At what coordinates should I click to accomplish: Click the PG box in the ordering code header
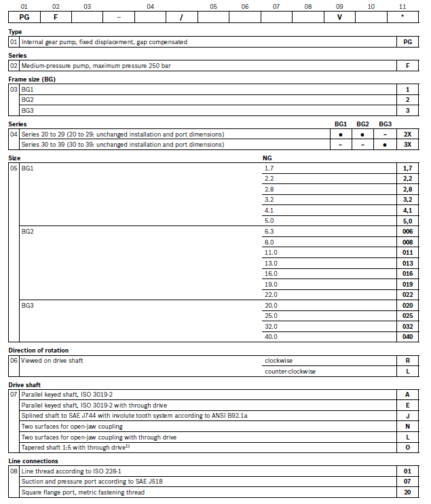pyautogui.click(x=24, y=17)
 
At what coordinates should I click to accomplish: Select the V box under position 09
pyautogui.click(x=339, y=17)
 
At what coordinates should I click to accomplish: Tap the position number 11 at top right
pyautogui.click(x=402, y=6)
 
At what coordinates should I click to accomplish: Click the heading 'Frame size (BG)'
pyautogui.click(x=31, y=79)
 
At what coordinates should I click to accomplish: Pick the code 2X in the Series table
pyautogui.click(x=407, y=134)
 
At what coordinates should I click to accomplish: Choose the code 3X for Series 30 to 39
pyautogui.click(x=407, y=145)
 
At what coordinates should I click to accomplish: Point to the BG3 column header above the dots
pyautogui.click(x=385, y=124)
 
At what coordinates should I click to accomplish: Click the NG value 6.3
pyautogui.click(x=269, y=232)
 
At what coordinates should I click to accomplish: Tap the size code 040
pyautogui.click(x=407, y=337)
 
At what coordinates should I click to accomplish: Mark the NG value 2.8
pyautogui.click(x=269, y=188)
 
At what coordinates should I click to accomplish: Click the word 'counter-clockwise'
pyautogui.click(x=290, y=371)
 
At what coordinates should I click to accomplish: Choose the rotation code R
pyautogui.click(x=407, y=361)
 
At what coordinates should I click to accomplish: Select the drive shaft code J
pyautogui.click(x=407, y=416)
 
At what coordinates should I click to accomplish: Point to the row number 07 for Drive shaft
pyautogui.click(x=14, y=394)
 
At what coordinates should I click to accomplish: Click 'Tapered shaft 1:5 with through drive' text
pyautogui.click(x=72, y=448)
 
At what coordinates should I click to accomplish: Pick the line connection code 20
pyautogui.click(x=407, y=492)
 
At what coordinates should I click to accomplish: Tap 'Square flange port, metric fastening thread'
pyautogui.click(x=83, y=492)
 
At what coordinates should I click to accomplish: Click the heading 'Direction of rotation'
pyautogui.click(x=39, y=350)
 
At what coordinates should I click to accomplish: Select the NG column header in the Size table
pyautogui.click(x=267, y=158)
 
